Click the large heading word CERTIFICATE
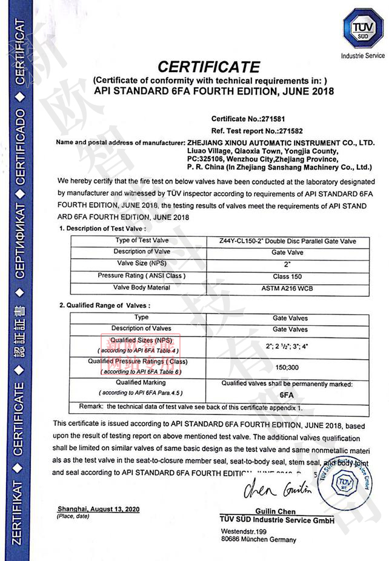[x=208, y=66]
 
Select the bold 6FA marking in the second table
[x=287, y=394]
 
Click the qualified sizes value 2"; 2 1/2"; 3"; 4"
[x=287, y=345]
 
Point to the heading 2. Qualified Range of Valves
[x=104, y=305]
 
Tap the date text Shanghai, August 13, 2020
[x=98, y=509]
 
